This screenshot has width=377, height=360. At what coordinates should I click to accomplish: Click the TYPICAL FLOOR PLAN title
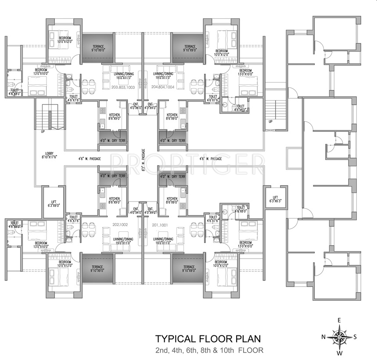point(208,339)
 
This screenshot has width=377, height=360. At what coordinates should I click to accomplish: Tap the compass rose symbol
point(339,337)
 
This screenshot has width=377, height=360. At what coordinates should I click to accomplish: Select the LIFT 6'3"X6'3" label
point(275,199)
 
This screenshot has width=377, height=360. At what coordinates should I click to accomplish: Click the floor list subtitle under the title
point(208,350)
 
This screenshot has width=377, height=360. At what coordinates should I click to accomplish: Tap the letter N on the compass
point(323,337)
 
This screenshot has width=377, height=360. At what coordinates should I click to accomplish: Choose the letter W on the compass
point(339,353)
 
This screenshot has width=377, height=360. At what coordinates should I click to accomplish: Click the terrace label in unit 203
point(98,48)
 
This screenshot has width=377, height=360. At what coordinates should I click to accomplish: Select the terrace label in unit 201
point(190,268)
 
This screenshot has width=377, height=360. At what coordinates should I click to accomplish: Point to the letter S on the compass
point(355,337)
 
